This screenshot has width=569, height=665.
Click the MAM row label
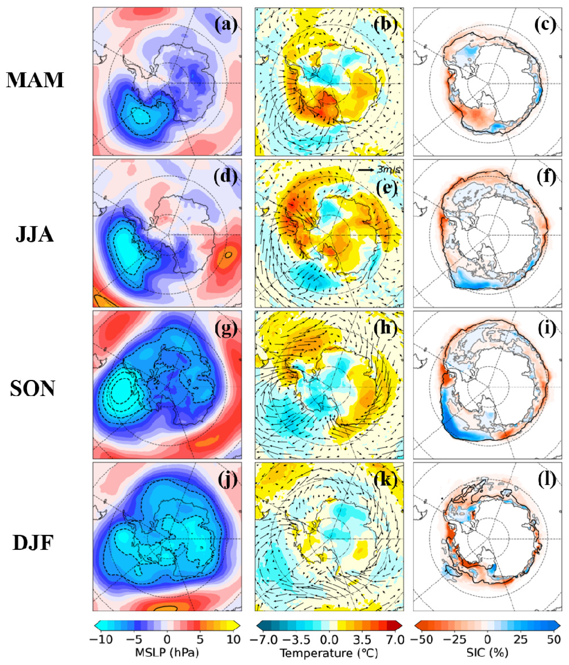click(x=35, y=80)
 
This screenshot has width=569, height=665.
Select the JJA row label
click(x=35, y=234)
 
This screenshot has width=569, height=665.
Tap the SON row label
click(x=33, y=389)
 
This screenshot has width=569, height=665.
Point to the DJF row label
click(x=33, y=543)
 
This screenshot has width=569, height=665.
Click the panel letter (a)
click(x=226, y=25)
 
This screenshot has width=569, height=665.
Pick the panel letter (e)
click(x=386, y=187)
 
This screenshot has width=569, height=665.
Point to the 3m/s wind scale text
click(x=389, y=170)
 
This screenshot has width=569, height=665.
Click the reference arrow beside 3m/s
click(x=366, y=170)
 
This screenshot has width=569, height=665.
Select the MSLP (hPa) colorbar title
click(x=167, y=653)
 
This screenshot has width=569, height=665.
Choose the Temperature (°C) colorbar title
click(x=329, y=653)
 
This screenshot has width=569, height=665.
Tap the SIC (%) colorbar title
click(x=487, y=653)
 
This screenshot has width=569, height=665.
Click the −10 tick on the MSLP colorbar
click(x=101, y=639)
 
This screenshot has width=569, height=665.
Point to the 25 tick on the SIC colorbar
click(x=521, y=639)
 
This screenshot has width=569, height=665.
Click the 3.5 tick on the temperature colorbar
click(x=362, y=639)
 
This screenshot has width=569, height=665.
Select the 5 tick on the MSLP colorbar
click(x=200, y=639)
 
